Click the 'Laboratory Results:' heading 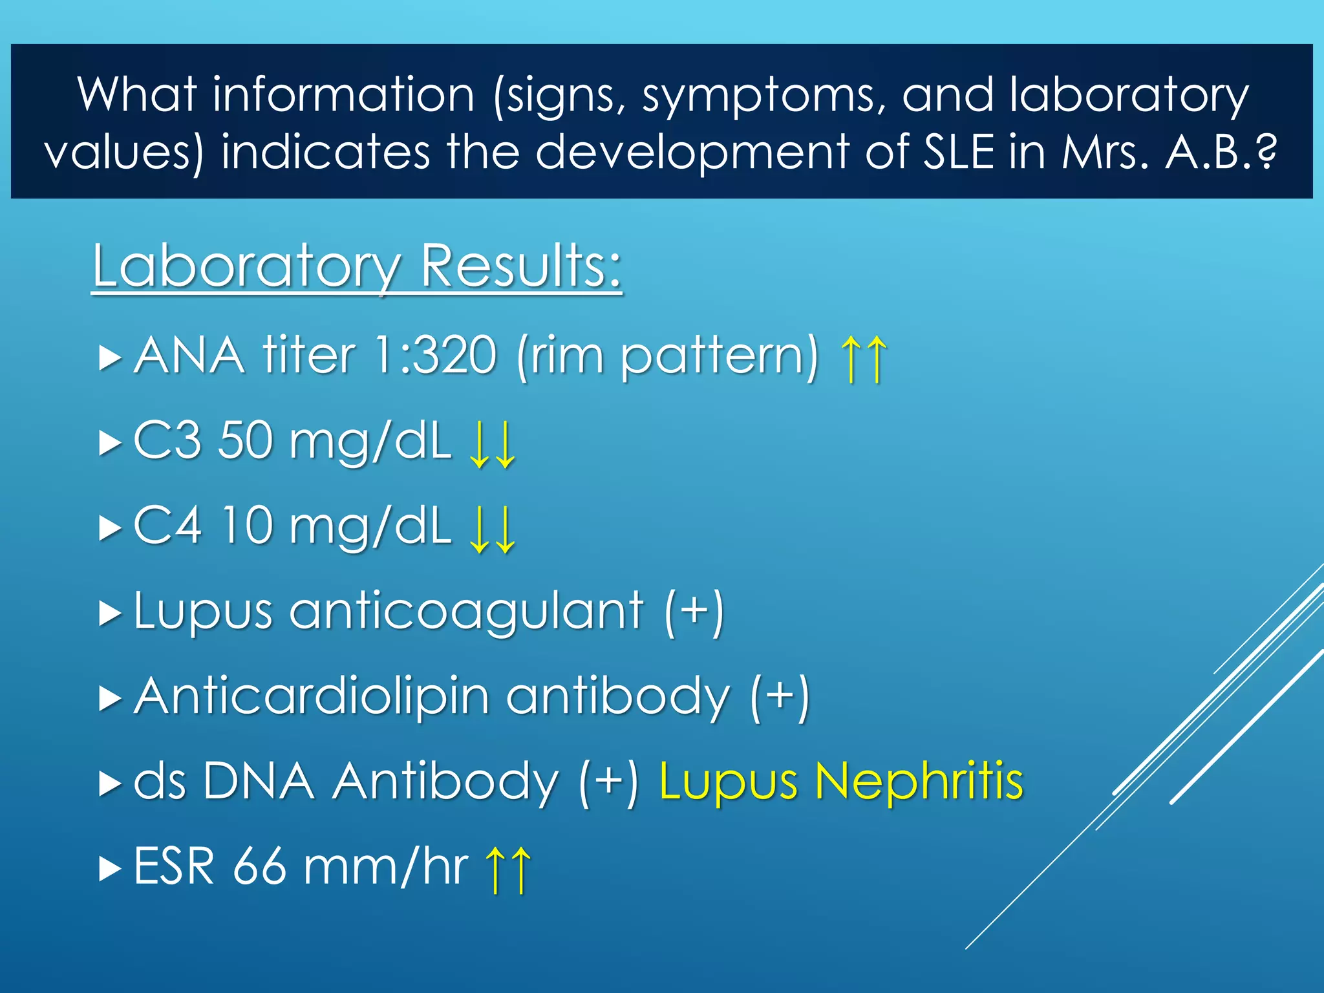click(x=356, y=266)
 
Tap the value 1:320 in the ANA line click(x=436, y=355)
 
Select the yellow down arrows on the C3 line click(x=493, y=443)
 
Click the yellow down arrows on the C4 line click(x=493, y=529)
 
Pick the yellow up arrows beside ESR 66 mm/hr click(x=508, y=870)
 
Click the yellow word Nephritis click(x=919, y=781)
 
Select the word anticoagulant click(x=465, y=612)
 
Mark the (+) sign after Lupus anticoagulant click(x=694, y=612)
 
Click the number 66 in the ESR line click(x=259, y=866)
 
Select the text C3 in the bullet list click(x=167, y=440)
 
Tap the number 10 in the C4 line click(x=247, y=525)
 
